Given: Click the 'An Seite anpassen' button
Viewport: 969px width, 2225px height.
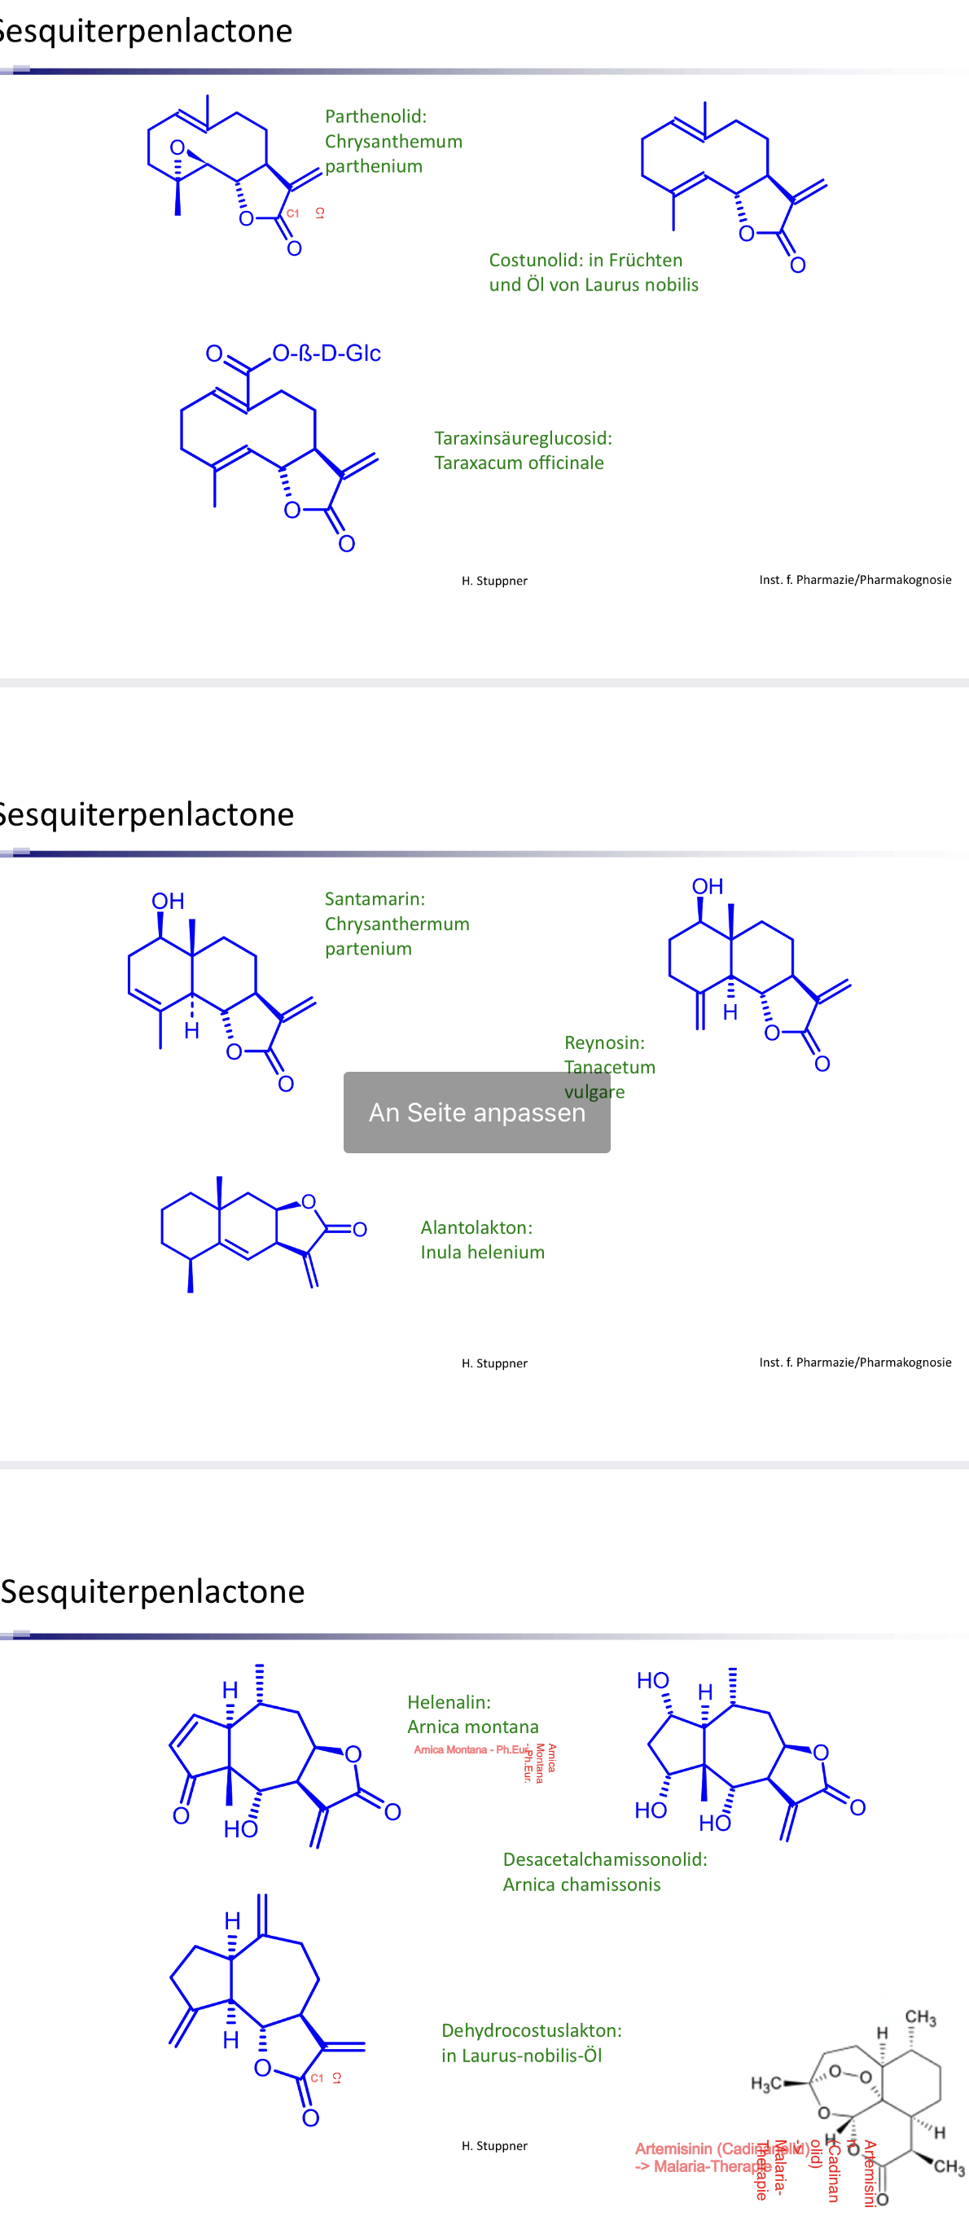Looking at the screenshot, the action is [476, 1112].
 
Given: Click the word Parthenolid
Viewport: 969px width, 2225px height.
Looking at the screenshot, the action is [374, 116].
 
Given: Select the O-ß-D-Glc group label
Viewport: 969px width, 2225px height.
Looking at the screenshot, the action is [327, 353].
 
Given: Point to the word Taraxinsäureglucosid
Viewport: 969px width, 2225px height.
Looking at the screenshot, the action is [522, 438].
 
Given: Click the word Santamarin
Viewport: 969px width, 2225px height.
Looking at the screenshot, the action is [373, 899].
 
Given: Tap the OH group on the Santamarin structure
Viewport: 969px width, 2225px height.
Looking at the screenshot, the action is [168, 902].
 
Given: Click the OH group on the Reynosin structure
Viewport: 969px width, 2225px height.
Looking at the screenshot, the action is [708, 886].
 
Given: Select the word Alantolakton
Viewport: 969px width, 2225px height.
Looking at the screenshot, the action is [476, 1227].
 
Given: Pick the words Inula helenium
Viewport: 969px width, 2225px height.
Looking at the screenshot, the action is [482, 1253].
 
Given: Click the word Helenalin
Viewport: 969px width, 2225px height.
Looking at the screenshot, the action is [448, 1702].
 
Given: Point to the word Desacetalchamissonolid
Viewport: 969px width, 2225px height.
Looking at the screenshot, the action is [603, 1859].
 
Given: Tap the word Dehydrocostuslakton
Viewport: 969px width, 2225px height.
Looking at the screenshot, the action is [530, 2030].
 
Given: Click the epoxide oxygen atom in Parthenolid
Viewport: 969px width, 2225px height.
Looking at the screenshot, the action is [177, 147].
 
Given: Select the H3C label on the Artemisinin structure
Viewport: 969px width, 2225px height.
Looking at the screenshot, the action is [765, 2084].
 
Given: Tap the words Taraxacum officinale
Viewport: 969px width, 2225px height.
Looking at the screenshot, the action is [518, 463].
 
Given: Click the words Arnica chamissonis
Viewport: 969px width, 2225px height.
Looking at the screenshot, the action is [581, 1885].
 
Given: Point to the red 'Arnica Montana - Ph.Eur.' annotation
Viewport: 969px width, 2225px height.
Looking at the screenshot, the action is [471, 1750].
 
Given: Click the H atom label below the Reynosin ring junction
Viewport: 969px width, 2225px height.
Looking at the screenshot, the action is [730, 1012].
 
